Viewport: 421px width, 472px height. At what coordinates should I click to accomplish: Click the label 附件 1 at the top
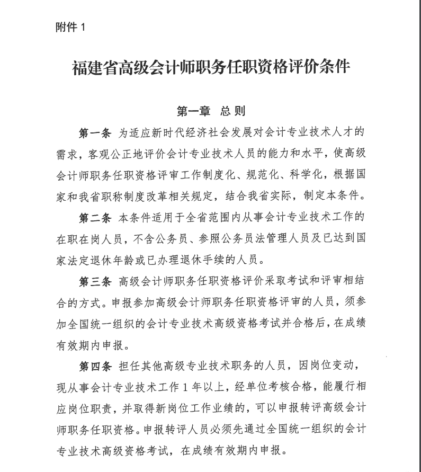70,28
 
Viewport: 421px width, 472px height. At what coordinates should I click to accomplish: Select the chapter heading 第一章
193,111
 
